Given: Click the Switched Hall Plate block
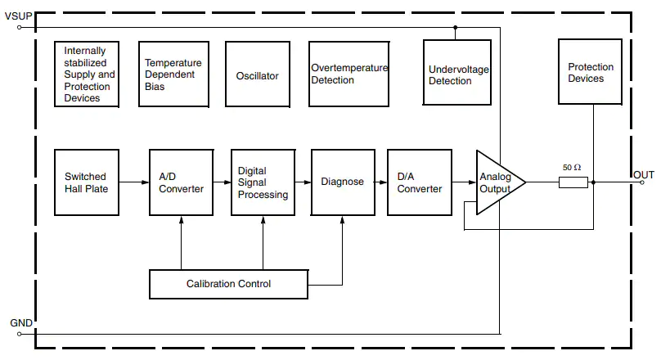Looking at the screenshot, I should click(x=86, y=182).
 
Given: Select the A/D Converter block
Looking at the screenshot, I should click(x=181, y=182).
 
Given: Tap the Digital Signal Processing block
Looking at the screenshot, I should click(x=263, y=182).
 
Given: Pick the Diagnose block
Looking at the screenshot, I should click(x=343, y=182).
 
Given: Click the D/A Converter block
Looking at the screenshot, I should click(x=419, y=182).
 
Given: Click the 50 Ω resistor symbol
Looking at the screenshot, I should click(x=573, y=182).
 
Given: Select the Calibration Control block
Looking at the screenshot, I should click(x=228, y=284).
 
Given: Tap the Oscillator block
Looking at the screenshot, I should click(x=258, y=75).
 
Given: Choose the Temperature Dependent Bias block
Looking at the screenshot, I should click(x=173, y=75).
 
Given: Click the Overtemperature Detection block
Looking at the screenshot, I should click(x=348, y=74).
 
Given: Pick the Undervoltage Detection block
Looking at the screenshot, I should click(x=458, y=74).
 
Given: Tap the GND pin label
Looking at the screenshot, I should click(x=21, y=323).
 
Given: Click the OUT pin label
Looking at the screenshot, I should click(x=643, y=175).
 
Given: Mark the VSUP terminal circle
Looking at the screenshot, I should click(x=20, y=27).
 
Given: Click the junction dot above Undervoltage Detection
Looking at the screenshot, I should click(x=456, y=27).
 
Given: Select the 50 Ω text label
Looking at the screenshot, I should click(x=572, y=168).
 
